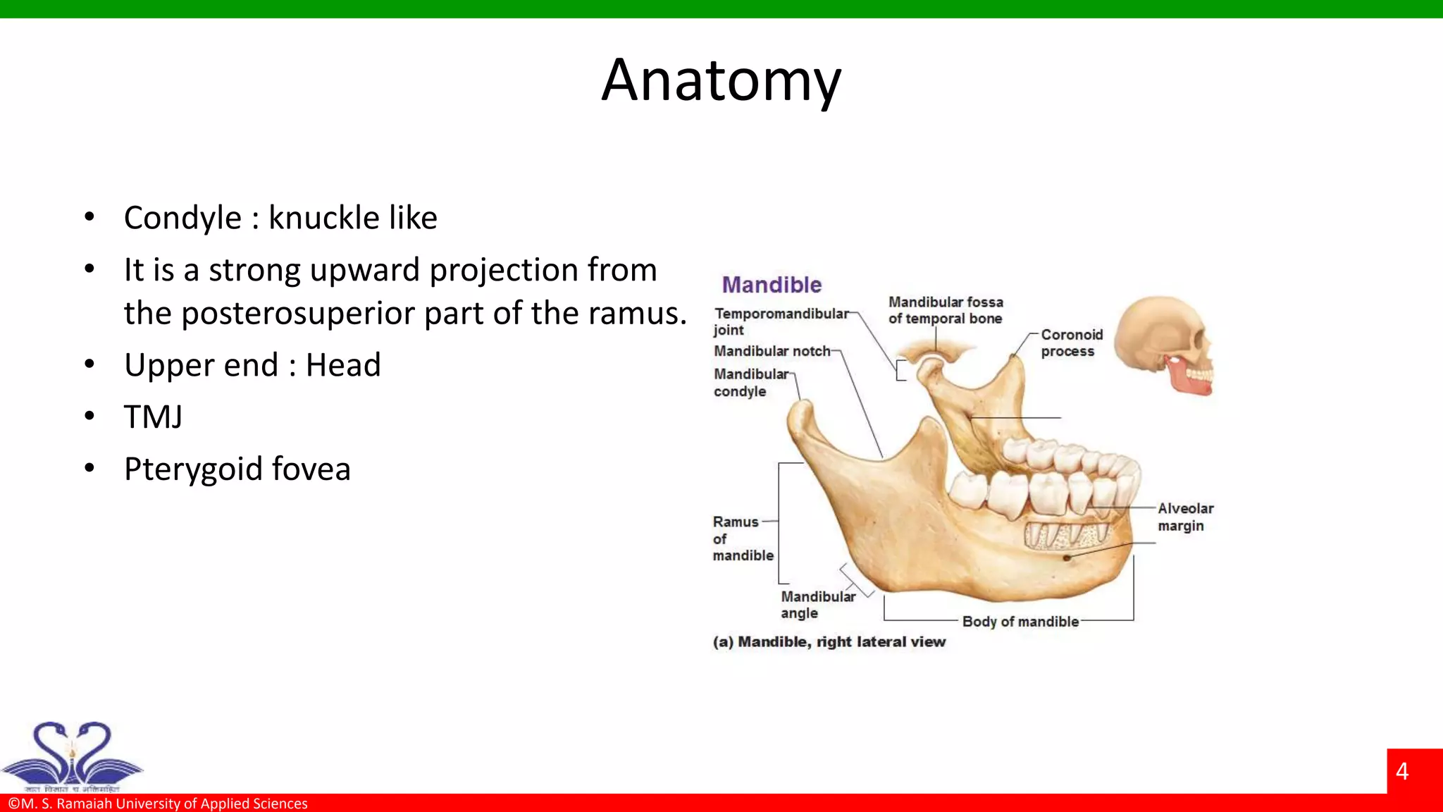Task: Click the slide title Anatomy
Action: [x=721, y=81]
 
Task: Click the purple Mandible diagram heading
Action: [x=772, y=285]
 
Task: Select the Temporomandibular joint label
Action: [x=781, y=321]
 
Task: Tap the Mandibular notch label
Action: [x=772, y=351]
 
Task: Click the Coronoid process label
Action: [x=1071, y=343]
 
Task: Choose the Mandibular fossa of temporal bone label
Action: [x=945, y=310]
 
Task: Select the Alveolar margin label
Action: [x=1185, y=517]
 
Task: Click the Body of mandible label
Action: [x=1020, y=622]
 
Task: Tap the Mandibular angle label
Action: [x=817, y=605]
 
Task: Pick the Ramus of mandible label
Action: [x=742, y=539]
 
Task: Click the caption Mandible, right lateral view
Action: [x=829, y=642]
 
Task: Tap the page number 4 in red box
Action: [x=1401, y=772]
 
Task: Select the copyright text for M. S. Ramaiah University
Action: [x=158, y=804]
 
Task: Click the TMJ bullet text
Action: [x=153, y=417]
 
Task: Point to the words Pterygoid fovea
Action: [x=237, y=469]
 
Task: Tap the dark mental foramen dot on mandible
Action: [x=1067, y=558]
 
